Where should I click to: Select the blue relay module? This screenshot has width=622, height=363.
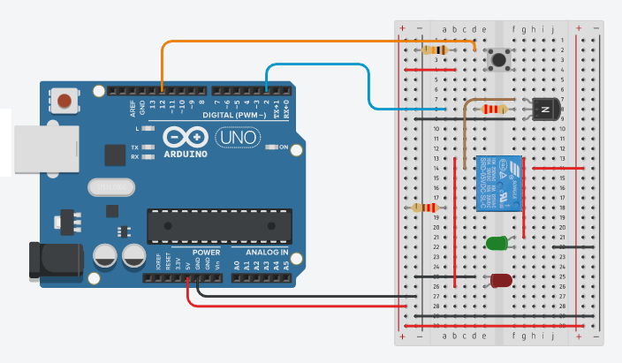(497, 183)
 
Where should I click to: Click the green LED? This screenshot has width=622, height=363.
(497, 242)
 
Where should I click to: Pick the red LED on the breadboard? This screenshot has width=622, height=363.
(500, 281)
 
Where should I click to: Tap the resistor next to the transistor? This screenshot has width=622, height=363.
(493, 110)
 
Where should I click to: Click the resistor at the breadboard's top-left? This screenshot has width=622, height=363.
(436, 49)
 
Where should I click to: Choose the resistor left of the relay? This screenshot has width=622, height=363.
(426, 208)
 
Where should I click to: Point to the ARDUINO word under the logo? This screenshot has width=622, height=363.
(186, 154)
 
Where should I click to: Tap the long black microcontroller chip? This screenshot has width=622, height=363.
(219, 224)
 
